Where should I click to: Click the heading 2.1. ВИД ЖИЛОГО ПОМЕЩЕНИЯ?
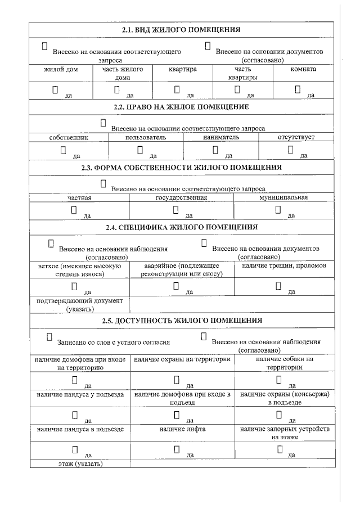(181, 29)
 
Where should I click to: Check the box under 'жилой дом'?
(55, 90)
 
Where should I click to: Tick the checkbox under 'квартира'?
(177, 90)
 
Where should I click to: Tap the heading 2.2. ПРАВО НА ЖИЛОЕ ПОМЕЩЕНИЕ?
(181, 107)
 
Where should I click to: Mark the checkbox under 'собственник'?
(62, 150)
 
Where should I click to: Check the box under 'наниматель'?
(215, 150)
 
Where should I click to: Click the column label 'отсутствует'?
(295, 137)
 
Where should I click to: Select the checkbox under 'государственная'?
(176, 210)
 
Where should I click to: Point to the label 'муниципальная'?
(283, 197)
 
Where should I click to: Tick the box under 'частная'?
(74, 210)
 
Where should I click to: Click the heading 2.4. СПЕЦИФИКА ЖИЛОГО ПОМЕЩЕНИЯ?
(181, 227)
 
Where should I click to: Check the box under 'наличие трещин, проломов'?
(278, 286)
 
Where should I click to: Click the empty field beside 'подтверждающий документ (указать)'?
(232, 305)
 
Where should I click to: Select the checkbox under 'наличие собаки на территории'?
(278, 381)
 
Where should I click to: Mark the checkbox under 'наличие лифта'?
(176, 449)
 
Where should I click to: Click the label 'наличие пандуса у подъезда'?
(79, 395)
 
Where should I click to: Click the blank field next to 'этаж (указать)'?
(232, 464)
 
